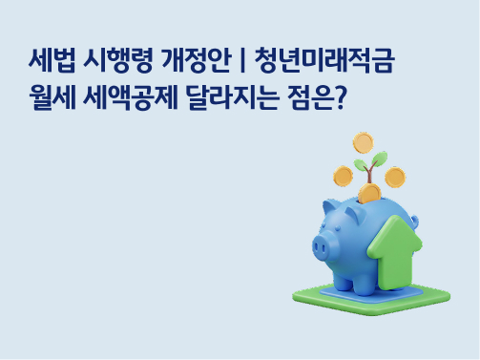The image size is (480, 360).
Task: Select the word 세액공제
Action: [126, 97]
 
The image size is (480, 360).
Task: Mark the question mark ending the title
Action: [338, 97]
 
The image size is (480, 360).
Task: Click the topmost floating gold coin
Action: [363, 143]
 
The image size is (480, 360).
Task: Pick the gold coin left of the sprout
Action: [343, 176]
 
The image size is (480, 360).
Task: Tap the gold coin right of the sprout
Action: [394, 177]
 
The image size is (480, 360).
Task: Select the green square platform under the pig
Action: [315, 298]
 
